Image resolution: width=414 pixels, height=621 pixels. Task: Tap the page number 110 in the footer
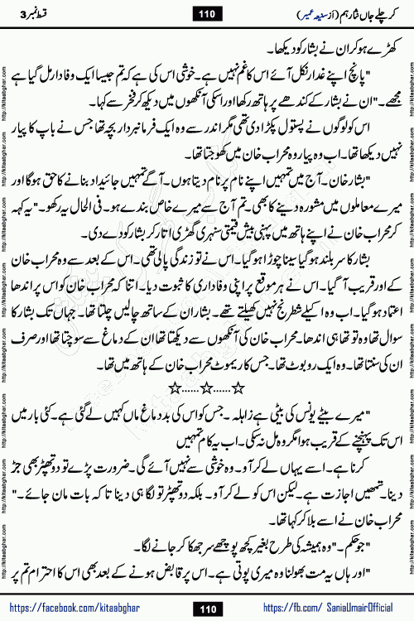coord(207,606)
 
